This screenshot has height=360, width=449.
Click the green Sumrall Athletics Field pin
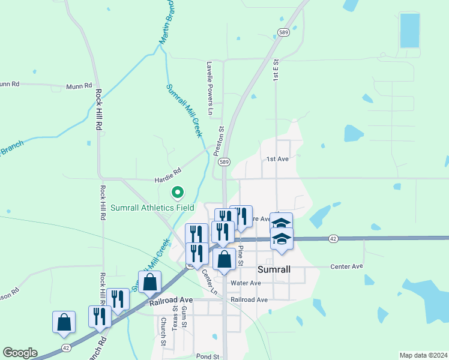(178, 193)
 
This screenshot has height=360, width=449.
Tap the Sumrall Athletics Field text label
(152, 208)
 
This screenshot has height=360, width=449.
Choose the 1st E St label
(276, 70)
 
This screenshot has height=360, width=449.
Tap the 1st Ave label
(278, 160)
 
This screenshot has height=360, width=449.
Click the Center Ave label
(347, 266)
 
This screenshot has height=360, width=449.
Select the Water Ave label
(246, 283)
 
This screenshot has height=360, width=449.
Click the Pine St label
(241, 255)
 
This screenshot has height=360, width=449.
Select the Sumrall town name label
(274, 269)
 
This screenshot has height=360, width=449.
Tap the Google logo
(20, 353)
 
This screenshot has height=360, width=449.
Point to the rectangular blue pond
(410, 31)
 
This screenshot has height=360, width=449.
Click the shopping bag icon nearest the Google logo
(64, 323)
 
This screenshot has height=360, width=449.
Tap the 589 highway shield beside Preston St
(224, 162)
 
